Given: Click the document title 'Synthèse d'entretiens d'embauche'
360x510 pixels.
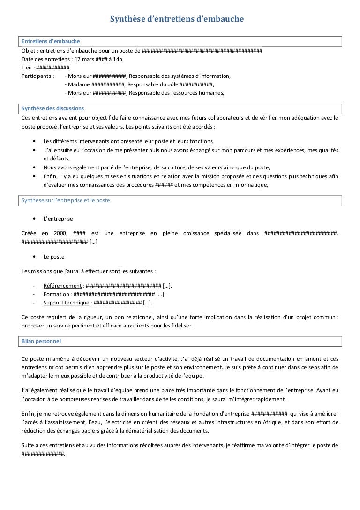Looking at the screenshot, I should tap(177, 19).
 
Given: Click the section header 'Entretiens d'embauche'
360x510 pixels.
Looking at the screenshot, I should tap(51, 42).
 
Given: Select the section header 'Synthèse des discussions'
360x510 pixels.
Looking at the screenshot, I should tap(53, 108).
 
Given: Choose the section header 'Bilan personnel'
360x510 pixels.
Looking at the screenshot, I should tap(41, 341).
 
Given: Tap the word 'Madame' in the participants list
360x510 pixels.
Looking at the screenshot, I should tap(79, 84).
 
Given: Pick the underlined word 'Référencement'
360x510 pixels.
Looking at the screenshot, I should tap(62, 286).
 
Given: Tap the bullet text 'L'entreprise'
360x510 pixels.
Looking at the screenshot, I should tap(58, 219).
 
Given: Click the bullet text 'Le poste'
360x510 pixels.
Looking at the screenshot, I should tap(54, 257).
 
